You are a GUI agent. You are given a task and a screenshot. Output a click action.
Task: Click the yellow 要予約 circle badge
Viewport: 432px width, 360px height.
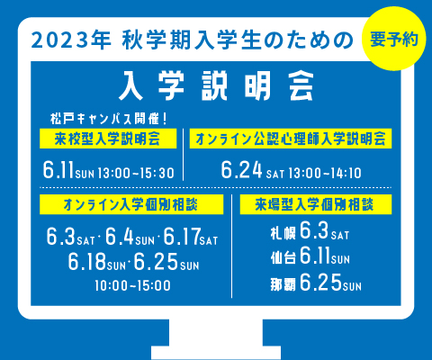(x=394, y=39)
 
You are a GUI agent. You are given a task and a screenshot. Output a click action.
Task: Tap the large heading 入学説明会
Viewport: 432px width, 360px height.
(x=216, y=86)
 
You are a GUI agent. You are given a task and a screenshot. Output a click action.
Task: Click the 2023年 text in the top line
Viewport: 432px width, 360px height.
(x=71, y=40)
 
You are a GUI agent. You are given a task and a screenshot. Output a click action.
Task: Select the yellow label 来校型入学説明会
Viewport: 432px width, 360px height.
(x=108, y=139)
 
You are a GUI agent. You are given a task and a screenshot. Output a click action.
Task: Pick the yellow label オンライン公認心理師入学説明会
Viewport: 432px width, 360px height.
(x=291, y=139)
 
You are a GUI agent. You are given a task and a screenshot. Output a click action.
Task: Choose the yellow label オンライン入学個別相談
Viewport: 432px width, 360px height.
(x=131, y=204)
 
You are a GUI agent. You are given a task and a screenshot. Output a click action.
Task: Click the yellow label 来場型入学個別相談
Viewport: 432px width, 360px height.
(x=316, y=204)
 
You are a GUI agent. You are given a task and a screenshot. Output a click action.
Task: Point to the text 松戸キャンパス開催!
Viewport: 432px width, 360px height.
(x=108, y=119)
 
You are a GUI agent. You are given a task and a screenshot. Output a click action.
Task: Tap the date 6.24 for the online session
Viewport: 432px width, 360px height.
(x=241, y=170)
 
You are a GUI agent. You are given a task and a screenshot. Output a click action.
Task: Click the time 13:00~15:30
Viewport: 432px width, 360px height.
(x=136, y=174)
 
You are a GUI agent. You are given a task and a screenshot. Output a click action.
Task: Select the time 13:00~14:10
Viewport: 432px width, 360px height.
(x=325, y=174)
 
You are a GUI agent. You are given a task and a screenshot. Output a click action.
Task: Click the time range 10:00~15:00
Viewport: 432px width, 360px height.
(x=133, y=285)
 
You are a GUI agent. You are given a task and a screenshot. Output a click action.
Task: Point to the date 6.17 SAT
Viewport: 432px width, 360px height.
(x=191, y=237)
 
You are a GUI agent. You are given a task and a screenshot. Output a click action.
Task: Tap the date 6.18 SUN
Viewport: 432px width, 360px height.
(x=96, y=262)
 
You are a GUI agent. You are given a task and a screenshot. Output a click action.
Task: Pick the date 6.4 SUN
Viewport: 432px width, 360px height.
(x=130, y=237)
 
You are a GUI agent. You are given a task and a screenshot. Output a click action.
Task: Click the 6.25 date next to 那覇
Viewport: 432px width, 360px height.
(x=320, y=282)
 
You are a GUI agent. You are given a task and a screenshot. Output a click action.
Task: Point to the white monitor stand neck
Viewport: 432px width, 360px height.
(x=216, y=333)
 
